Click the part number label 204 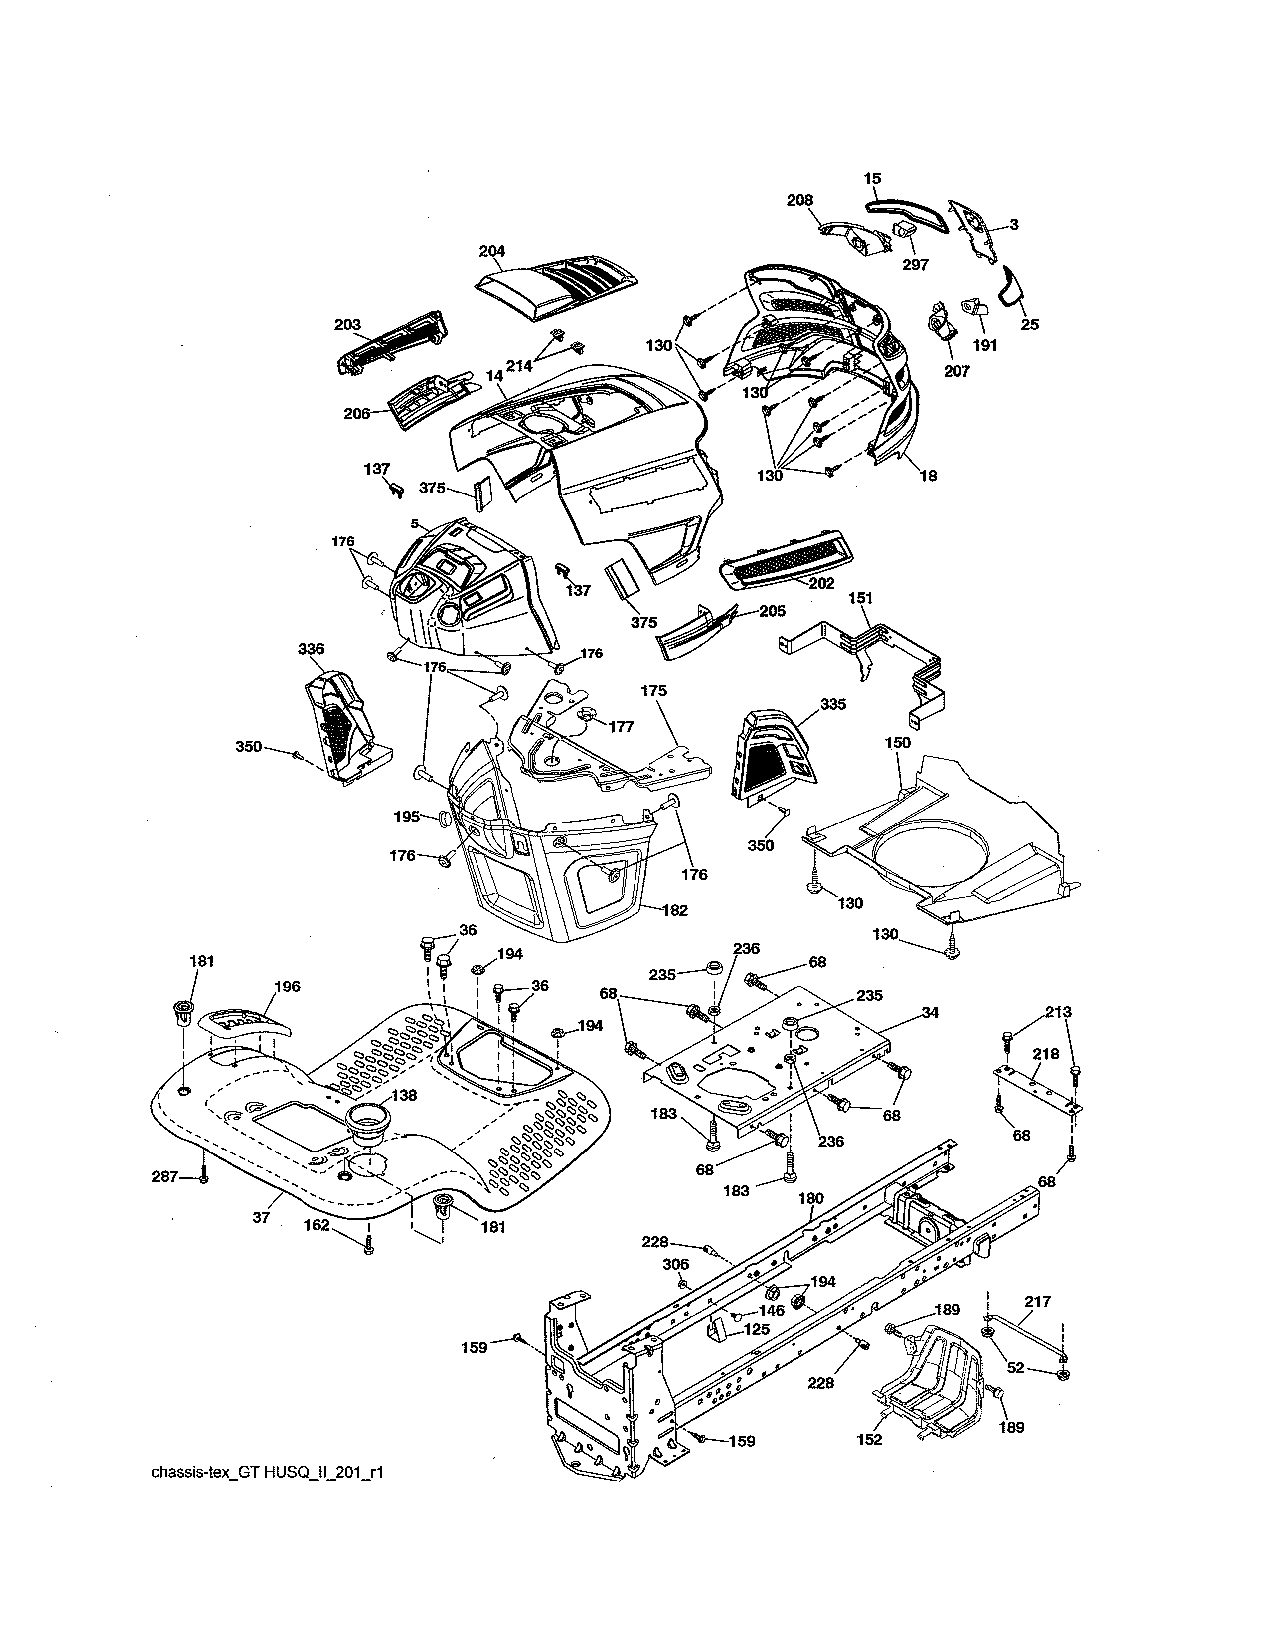point(491,252)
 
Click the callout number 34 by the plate point(930,1013)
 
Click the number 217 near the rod point(1038,1301)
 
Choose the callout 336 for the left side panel point(311,649)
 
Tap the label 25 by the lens point(1029,325)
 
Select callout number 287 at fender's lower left point(165,1176)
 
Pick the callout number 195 point(407,817)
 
